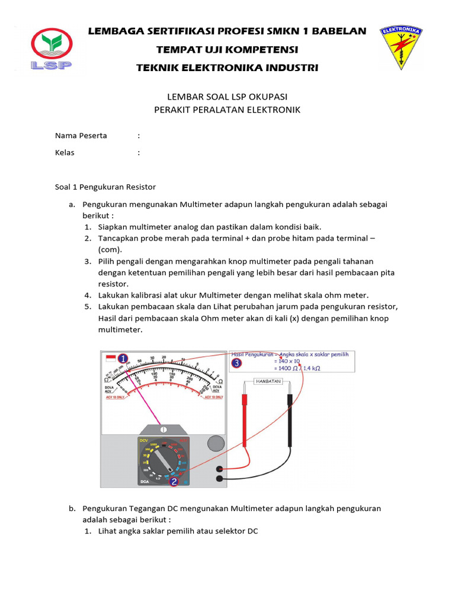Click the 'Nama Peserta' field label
click(81, 136)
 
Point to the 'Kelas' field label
click(65, 152)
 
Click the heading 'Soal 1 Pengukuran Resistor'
click(105, 187)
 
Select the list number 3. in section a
click(87, 261)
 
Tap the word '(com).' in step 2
click(110, 250)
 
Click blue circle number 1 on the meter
click(123, 359)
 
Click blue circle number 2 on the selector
click(174, 482)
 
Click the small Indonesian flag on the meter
click(111, 359)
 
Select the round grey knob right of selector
click(215, 444)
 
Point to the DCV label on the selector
click(143, 440)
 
